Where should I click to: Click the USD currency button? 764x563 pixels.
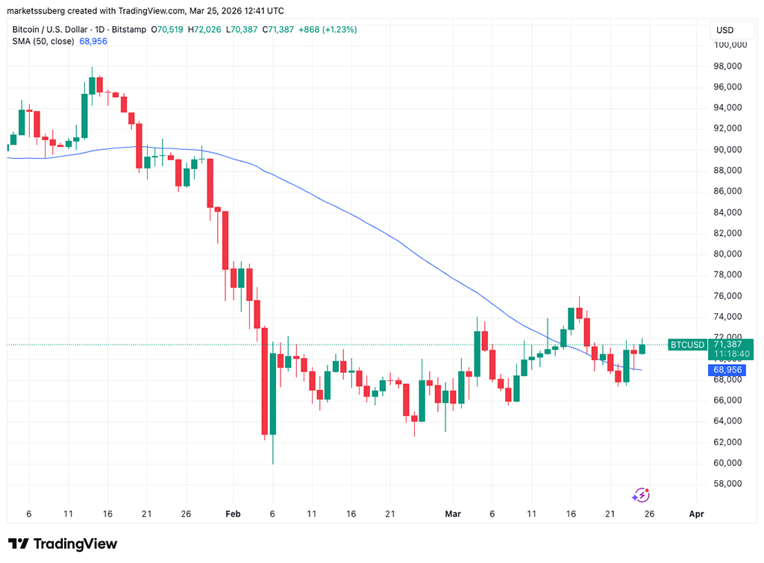pyautogui.click(x=724, y=30)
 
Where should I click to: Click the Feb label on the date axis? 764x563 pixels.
pyautogui.click(x=234, y=514)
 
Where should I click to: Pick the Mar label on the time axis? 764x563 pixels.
pyautogui.click(x=452, y=514)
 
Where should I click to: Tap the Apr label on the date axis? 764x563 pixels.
pyautogui.click(x=696, y=514)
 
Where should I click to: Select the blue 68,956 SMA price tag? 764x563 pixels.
pyautogui.click(x=727, y=370)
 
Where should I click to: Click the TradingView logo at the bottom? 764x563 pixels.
pyautogui.click(x=63, y=544)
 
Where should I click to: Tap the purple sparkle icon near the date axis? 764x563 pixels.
pyautogui.click(x=641, y=495)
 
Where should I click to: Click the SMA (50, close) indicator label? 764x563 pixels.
pyautogui.click(x=43, y=41)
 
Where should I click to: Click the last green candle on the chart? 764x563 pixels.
pyautogui.click(x=642, y=348)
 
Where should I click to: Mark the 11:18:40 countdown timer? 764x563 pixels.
pyautogui.click(x=728, y=355)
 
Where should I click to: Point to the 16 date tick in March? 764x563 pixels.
pyautogui.click(x=572, y=514)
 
